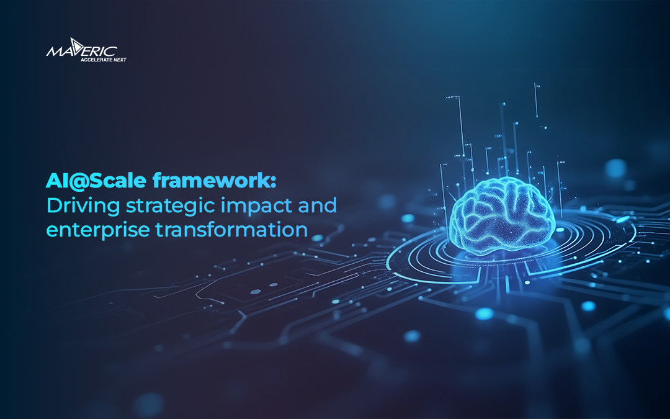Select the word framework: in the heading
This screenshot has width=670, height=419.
pos(205,182)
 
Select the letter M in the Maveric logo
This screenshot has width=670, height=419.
pos(55,50)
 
